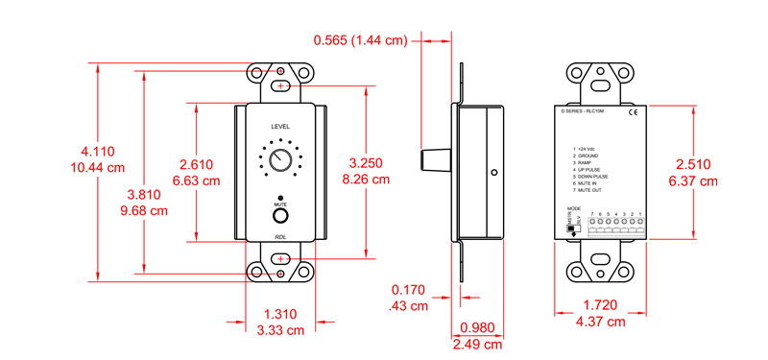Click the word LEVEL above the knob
point(280,127)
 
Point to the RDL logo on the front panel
point(280,236)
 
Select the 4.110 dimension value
point(98,152)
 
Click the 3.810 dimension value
point(144,195)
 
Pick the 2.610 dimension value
point(196,164)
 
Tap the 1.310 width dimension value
point(280,314)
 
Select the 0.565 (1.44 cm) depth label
point(362,39)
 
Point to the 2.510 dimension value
point(693,164)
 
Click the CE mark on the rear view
point(632,113)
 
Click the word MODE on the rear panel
point(573,207)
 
